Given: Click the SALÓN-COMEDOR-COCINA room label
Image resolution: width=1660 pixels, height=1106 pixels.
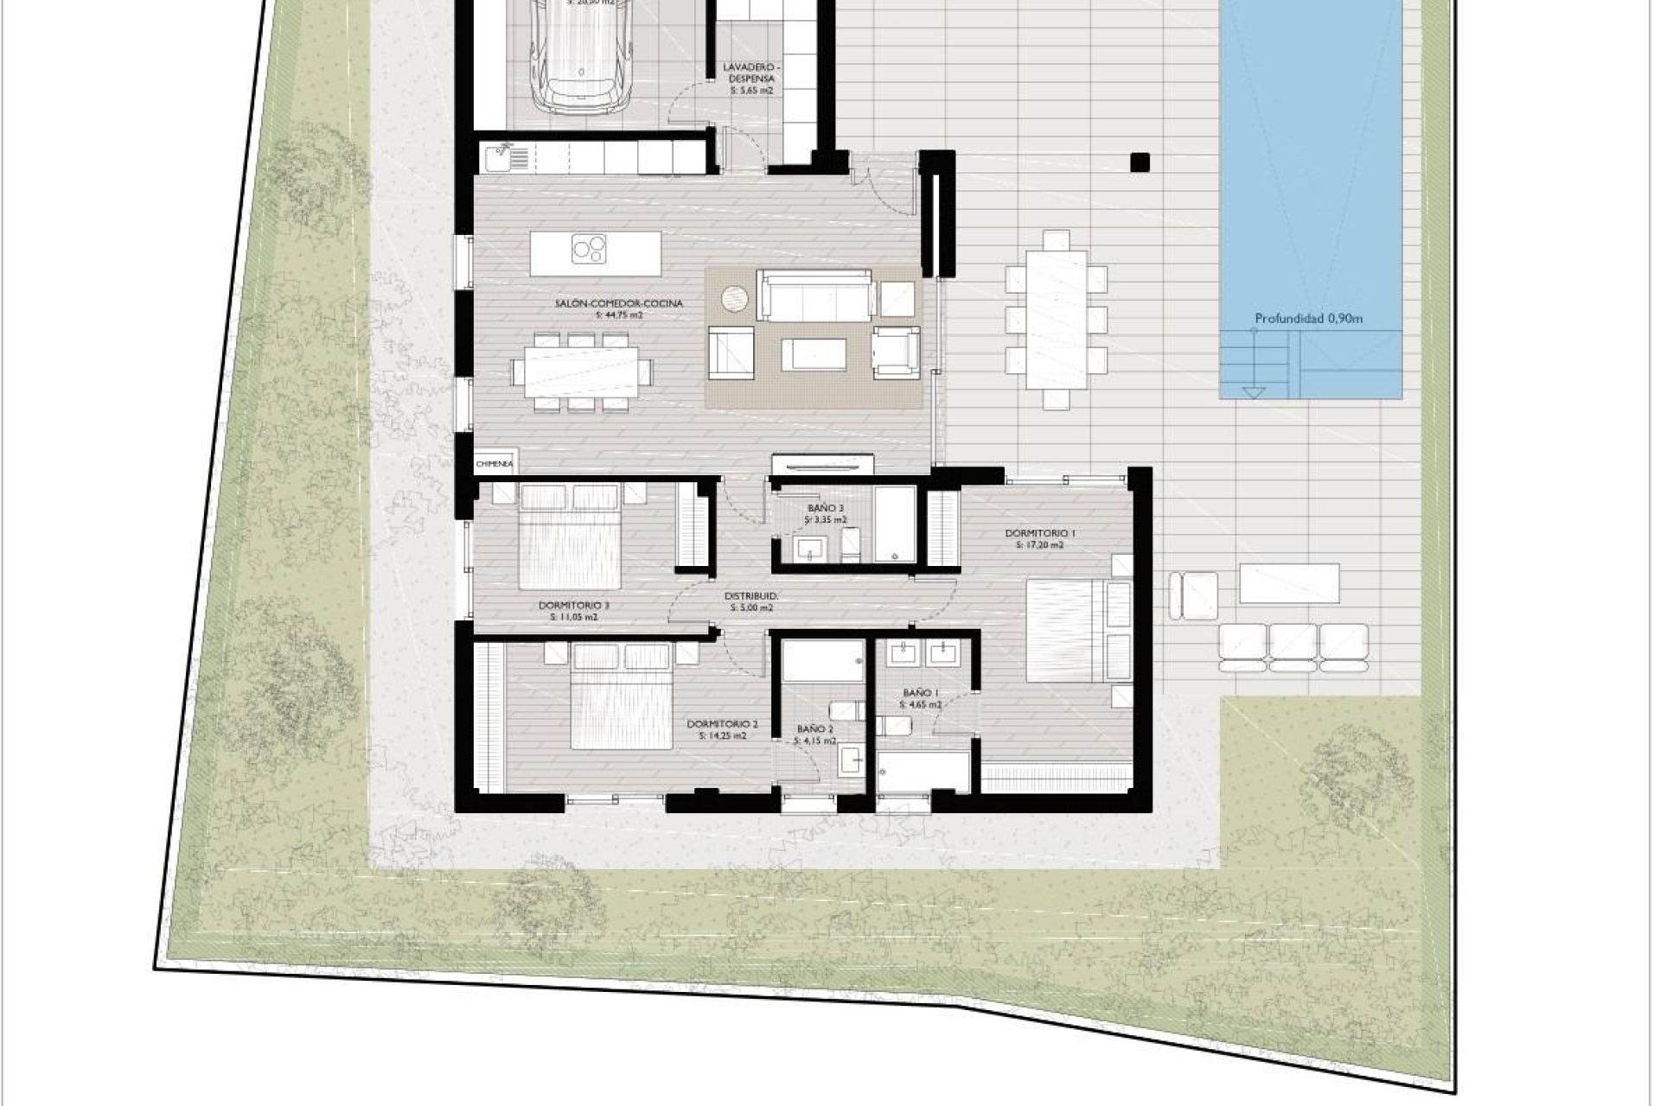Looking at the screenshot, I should coord(619,303).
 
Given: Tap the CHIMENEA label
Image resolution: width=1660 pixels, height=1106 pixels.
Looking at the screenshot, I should coord(495,464).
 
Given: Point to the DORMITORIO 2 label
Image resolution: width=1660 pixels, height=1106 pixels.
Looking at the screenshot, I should coord(722,724).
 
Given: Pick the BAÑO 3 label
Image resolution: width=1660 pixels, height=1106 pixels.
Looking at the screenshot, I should coord(826,508).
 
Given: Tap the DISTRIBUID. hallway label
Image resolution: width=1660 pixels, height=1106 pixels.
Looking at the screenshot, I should coord(751,596).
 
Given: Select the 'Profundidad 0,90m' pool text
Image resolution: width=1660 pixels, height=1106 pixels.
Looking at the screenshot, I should coord(1309,319).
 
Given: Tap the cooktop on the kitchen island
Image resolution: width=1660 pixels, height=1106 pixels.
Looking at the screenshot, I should coord(590,249).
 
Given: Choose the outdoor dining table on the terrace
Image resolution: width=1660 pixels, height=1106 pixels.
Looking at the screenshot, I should coord(1056,319).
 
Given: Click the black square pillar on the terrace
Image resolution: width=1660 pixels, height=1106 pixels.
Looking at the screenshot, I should coord(1140,162).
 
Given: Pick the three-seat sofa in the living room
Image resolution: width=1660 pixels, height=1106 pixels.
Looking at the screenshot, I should coord(814,295).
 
